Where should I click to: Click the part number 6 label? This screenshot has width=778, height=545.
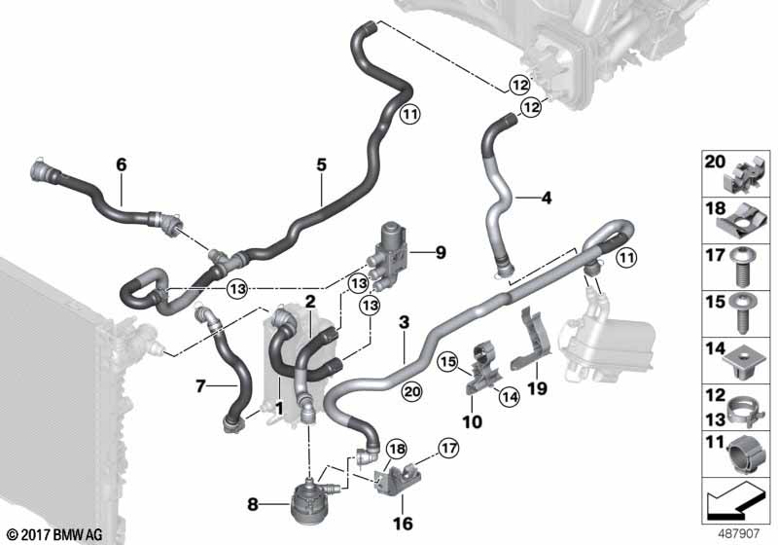coord(122,165)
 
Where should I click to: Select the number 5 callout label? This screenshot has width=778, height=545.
coord(321,165)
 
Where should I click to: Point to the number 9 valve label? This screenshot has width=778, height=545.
coord(440,253)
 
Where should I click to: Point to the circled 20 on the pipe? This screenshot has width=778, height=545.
coord(409,391)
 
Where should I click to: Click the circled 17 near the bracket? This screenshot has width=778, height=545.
coord(445,449)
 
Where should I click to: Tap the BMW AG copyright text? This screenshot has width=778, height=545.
coord(54,534)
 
